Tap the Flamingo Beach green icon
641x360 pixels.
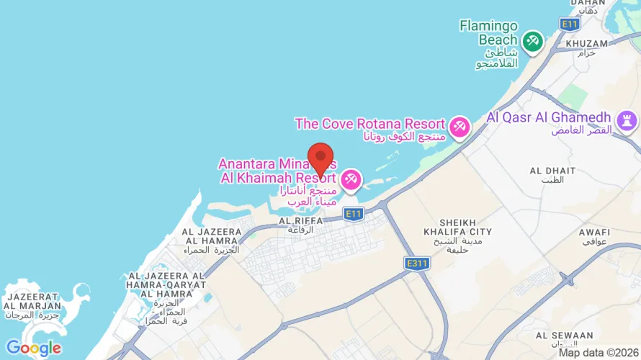pyautogui.click(x=532, y=41)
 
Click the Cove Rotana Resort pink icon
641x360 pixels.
pyautogui.click(x=458, y=128)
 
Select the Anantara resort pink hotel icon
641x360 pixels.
pyautogui.click(x=351, y=178)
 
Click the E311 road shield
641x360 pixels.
pyautogui.click(x=417, y=264)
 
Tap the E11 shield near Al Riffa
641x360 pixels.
pyautogui.click(x=353, y=214)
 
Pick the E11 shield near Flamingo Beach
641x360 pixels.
pyautogui.click(x=570, y=24)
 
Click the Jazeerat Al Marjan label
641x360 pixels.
pyautogui.click(x=28, y=300)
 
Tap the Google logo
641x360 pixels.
pyautogui.click(x=33, y=348)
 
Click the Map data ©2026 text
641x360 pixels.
pyautogui.click(x=598, y=353)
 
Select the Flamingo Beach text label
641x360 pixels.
pyautogui.click(x=489, y=33)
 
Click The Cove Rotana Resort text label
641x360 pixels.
pyautogui.click(x=369, y=124)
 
